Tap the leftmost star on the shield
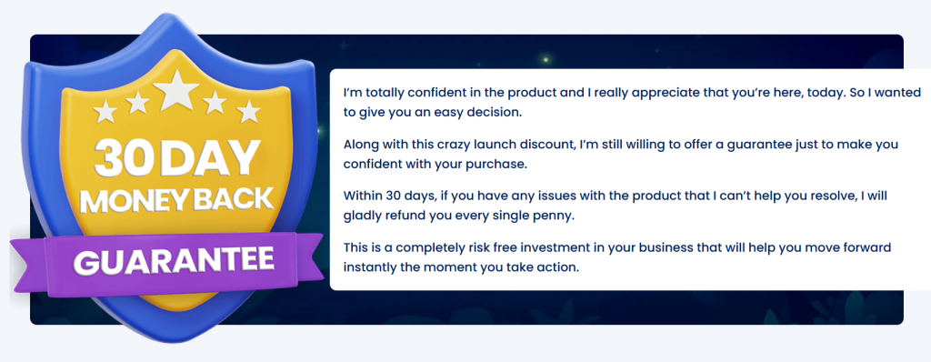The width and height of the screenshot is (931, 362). pyautogui.click(x=105, y=111)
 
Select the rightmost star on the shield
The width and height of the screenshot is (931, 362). pyautogui.click(x=249, y=111)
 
